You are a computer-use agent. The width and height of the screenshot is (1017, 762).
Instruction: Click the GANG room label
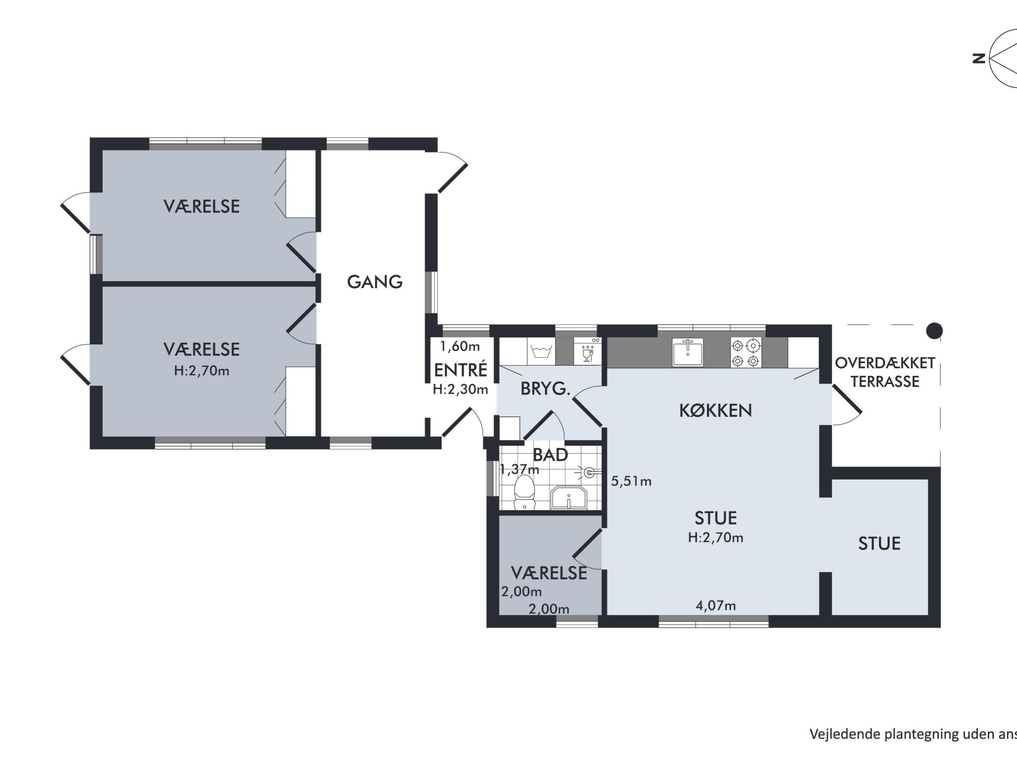tap(374, 282)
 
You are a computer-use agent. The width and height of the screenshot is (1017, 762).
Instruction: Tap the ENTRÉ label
tap(460, 370)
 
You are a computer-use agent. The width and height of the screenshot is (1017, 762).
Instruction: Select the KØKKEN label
tap(716, 410)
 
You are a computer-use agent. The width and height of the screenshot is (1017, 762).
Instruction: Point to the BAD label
tap(550, 454)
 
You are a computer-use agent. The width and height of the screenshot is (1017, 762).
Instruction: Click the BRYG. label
tap(545, 389)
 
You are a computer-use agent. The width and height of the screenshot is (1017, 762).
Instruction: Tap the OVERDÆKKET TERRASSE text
tap(885, 372)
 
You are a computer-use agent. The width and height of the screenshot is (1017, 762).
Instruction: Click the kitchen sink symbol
tap(688, 352)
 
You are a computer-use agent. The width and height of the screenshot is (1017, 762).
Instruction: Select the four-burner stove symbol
tap(746, 352)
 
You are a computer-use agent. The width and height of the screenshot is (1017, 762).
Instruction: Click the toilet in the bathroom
tap(524, 493)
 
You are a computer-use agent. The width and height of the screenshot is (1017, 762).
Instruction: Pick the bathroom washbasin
tap(569, 498)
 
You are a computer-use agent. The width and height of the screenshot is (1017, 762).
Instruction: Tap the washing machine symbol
tap(541, 352)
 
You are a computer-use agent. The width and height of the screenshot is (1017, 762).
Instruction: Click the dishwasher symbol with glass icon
tap(587, 351)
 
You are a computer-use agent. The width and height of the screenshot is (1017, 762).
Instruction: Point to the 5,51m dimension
tap(631, 481)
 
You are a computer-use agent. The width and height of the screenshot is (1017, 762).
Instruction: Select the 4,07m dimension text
tap(716, 605)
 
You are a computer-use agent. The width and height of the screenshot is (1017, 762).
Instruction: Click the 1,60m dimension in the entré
tap(460, 346)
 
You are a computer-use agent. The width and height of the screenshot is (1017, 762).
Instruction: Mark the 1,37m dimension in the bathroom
tap(519, 469)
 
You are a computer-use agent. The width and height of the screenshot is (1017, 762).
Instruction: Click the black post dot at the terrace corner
tap(935, 330)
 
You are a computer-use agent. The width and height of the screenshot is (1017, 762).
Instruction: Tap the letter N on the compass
tap(979, 59)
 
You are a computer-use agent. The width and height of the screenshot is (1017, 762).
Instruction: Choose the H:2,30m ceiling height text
tap(460, 390)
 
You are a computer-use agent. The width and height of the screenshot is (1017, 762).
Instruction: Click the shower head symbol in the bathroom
tap(589, 472)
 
